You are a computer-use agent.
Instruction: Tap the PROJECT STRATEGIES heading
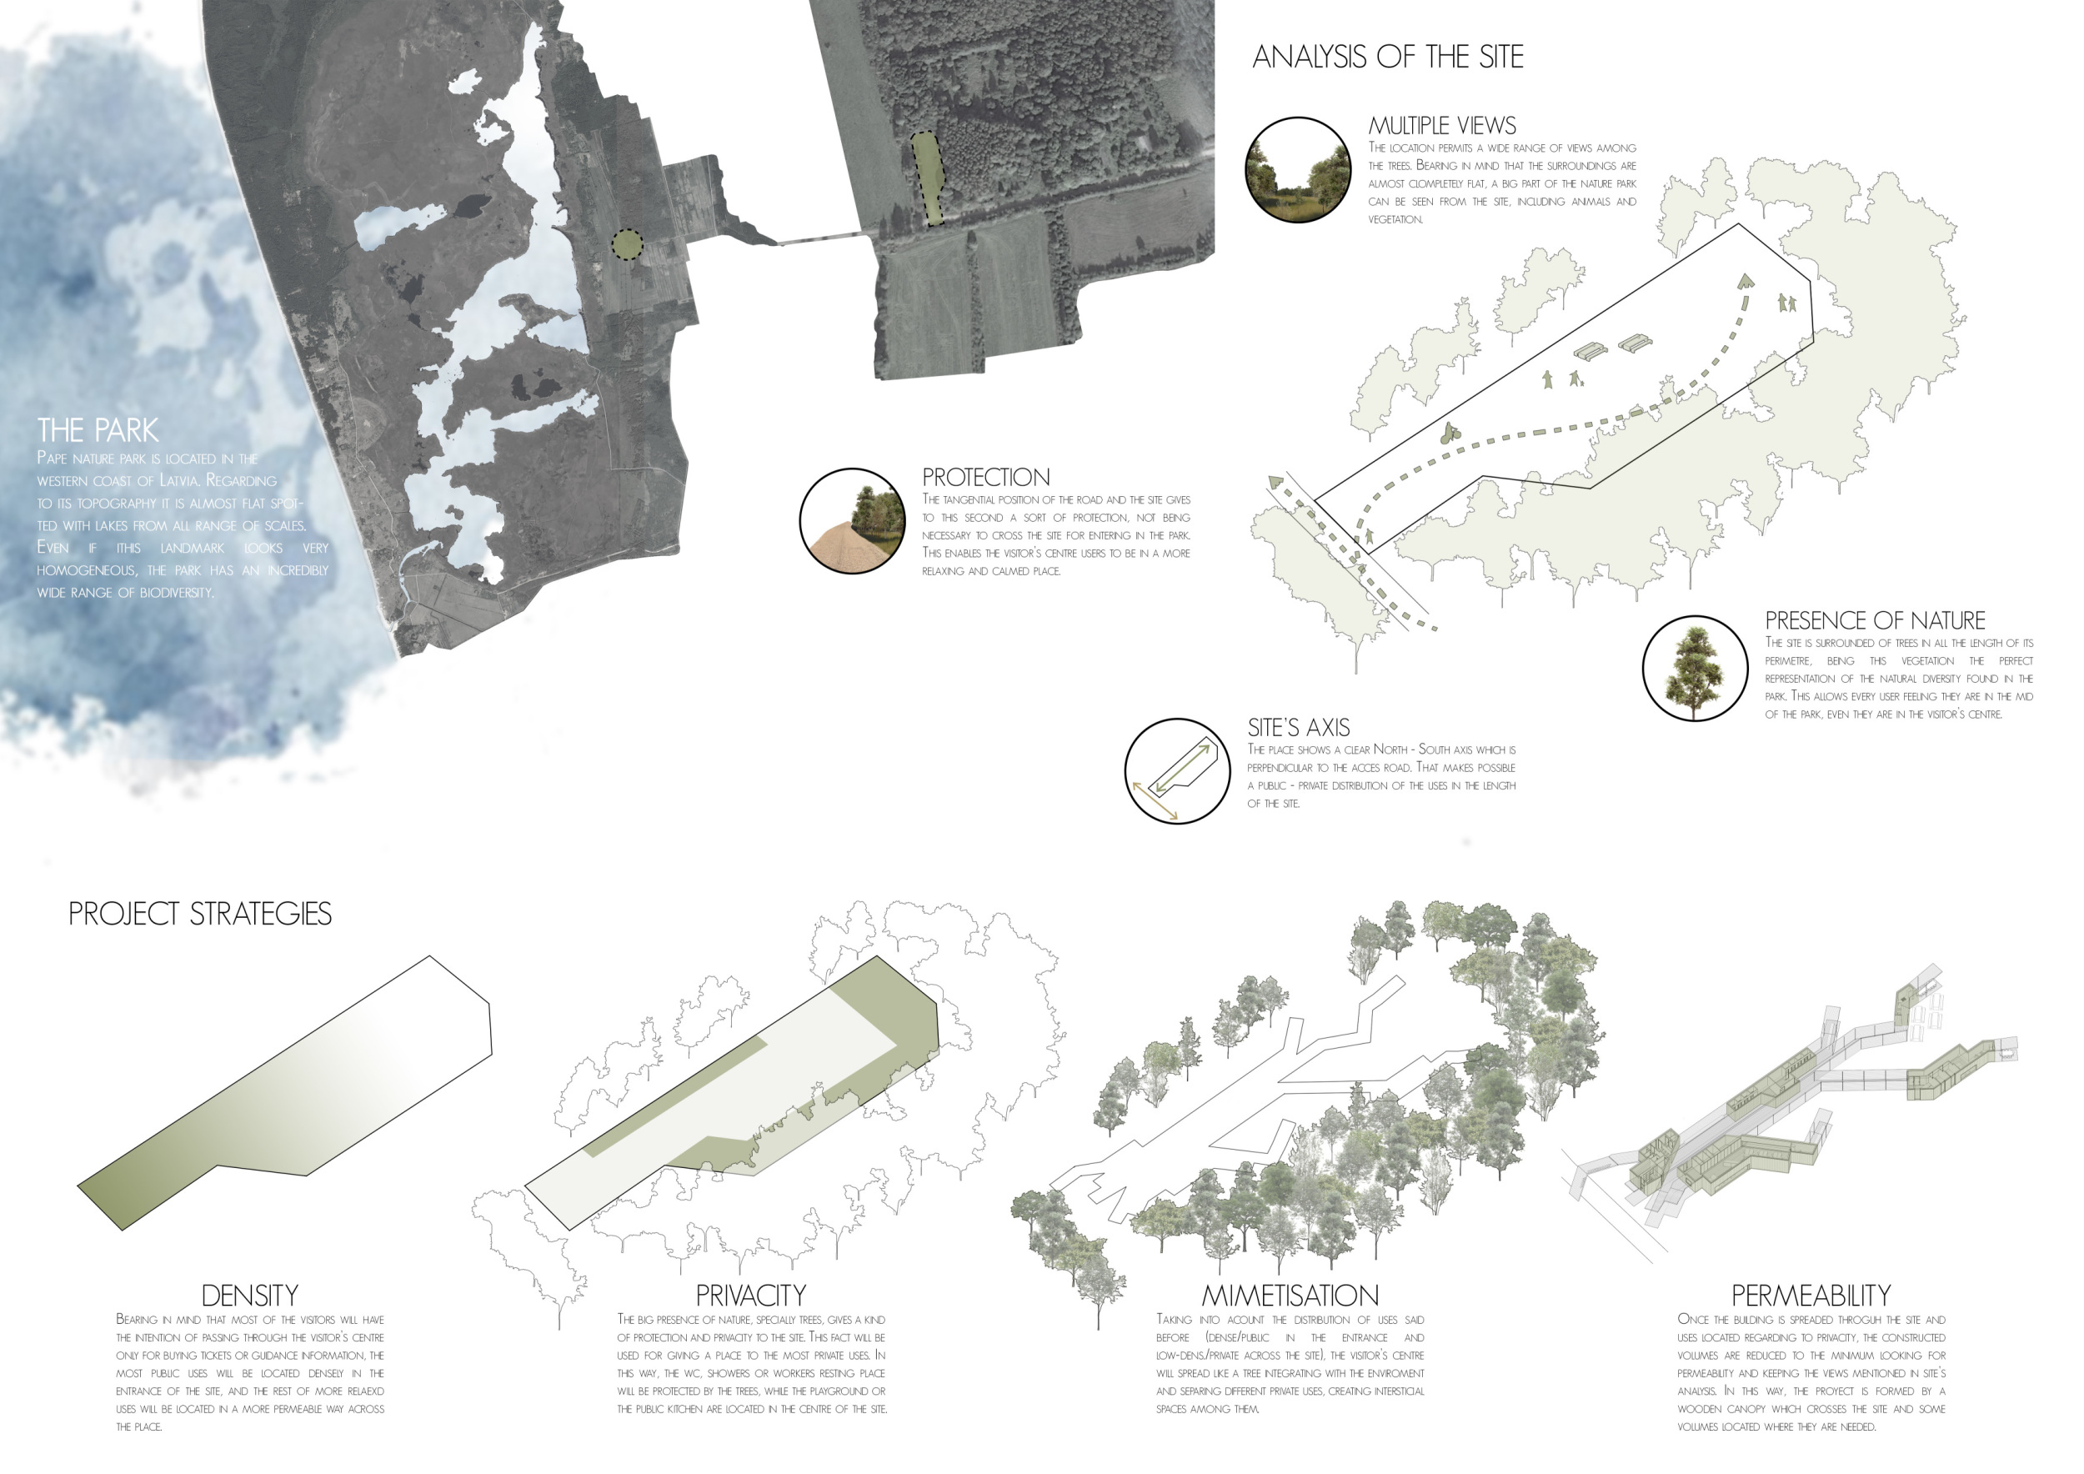[200, 913]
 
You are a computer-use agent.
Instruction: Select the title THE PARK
[98, 429]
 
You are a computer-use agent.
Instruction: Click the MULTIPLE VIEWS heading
[1442, 125]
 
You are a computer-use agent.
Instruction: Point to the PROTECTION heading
[985, 478]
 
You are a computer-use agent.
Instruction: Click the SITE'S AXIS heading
[1298, 727]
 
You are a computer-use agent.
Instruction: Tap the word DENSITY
[249, 1296]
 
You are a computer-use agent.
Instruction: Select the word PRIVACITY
[750, 1296]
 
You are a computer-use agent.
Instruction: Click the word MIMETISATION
[1290, 1296]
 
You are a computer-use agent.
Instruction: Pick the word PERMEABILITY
[1811, 1296]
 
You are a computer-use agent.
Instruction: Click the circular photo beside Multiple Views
[1298, 170]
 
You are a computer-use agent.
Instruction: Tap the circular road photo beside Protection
[852, 521]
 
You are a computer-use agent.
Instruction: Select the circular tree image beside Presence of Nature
[1695, 668]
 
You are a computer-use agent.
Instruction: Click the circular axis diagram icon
[1177, 770]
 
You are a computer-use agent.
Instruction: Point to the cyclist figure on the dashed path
[1447, 433]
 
